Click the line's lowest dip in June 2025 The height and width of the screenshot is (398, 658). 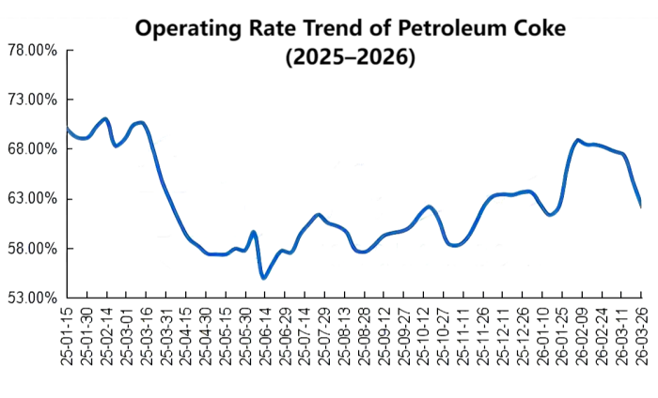[264, 277]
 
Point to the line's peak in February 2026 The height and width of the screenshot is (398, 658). [578, 141]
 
